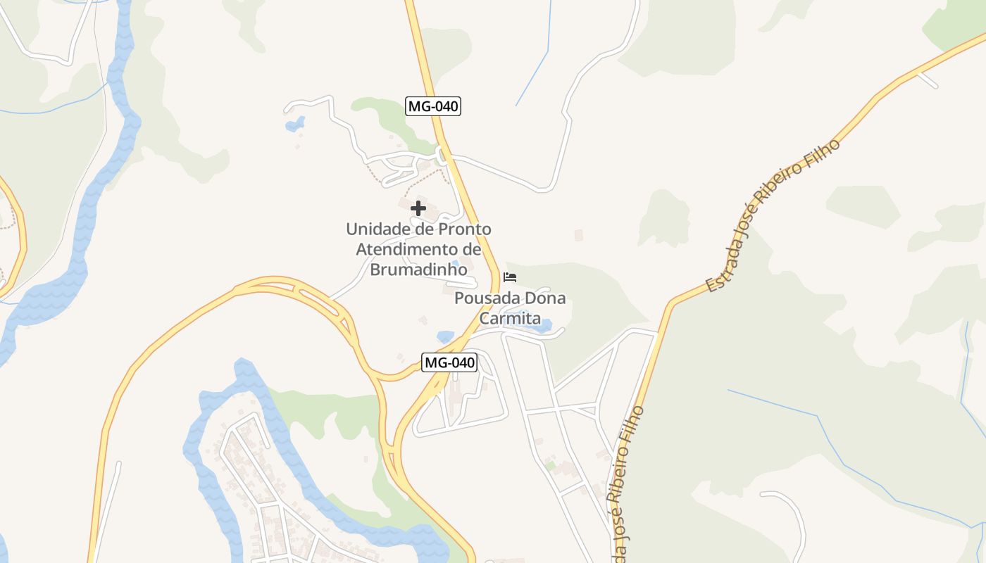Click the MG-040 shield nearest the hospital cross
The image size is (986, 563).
[433, 107]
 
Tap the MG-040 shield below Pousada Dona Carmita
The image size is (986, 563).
[449, 363]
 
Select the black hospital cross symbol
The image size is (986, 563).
[418, 208]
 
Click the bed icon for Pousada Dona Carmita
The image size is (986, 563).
[510, 277]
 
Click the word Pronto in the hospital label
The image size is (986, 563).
[465, 229]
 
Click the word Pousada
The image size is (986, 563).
[484, 298]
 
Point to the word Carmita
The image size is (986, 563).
[510, 318]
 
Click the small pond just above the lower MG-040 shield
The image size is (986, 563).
[445, 336]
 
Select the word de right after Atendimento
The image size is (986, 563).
[471, 249]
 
